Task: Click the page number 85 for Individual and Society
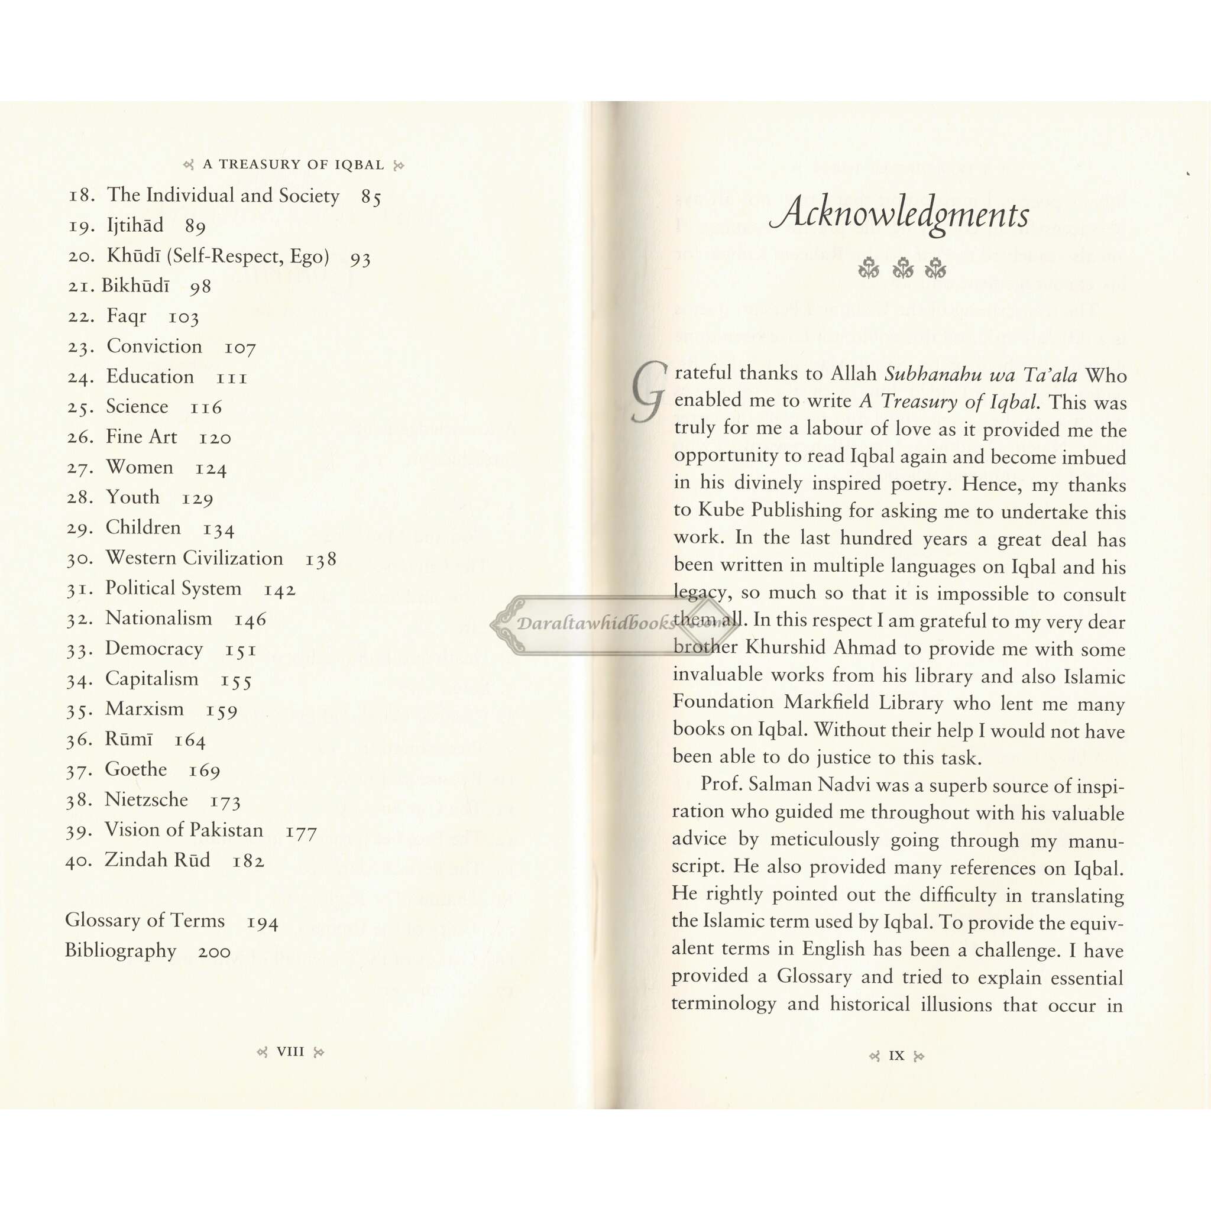pyautogui.click(x=371, y=197)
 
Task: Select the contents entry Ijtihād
pyautogui.click(x=135, y=225)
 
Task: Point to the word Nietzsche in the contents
pyautogui.click(x=146, y=800)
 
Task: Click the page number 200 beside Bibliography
pyautogui.click(x=215, y=951)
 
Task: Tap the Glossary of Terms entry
pyautogui.click(x=145, y=920)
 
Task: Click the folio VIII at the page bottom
pyautogui.click(x=290, y=1052)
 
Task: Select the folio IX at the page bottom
pyautogui.click(x=896, y=1055)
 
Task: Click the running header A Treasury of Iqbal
pyautogui.click(x=293, y=165)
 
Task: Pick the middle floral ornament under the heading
pyautogui.click(x=901, y=268)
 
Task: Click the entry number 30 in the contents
pyautogui.click(x=80, y=558)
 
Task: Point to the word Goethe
pyautogui.click(x=136, y=769)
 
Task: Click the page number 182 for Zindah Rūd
pyautogui.click(x=248, y=860)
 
